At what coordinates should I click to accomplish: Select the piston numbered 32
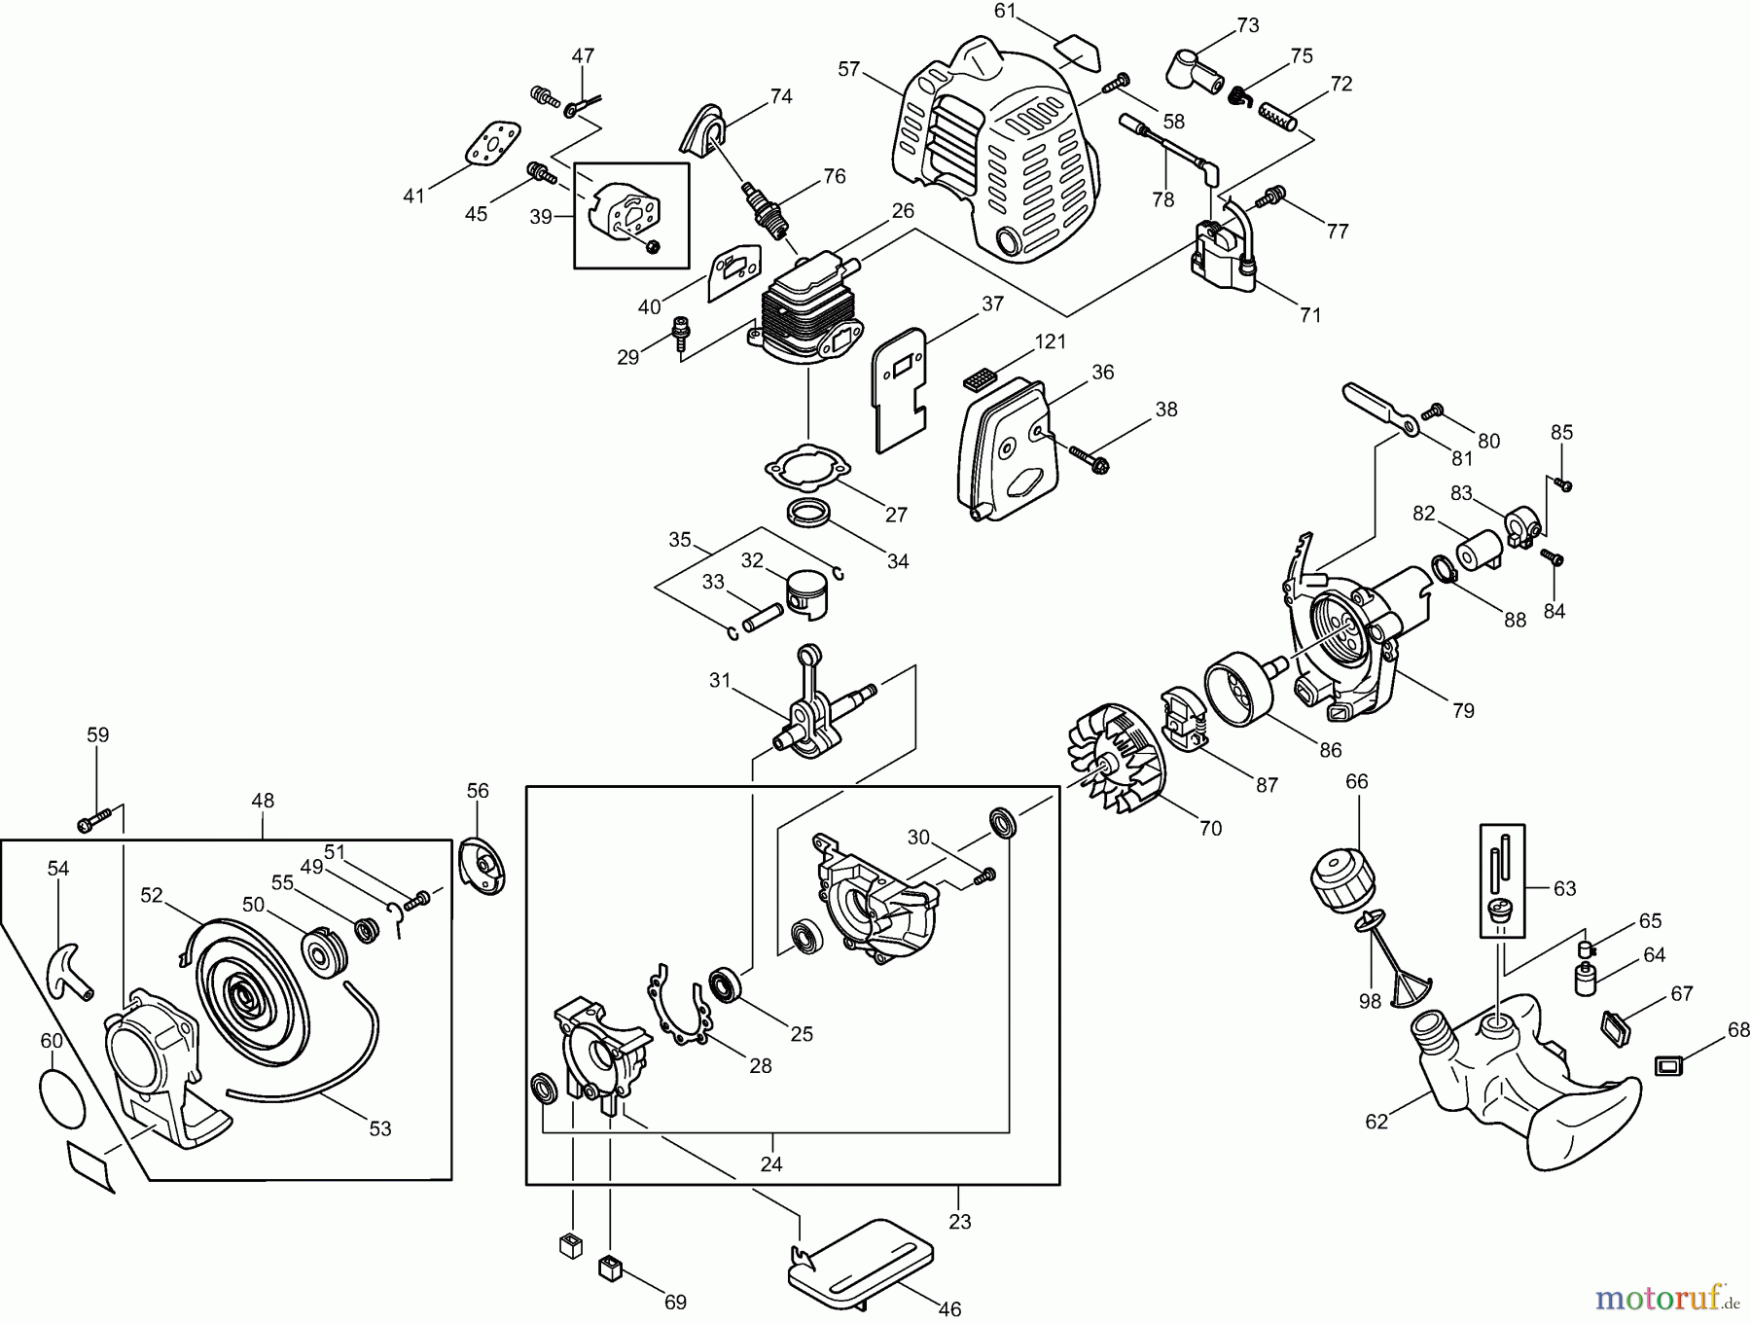[812, 590]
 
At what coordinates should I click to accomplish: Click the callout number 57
[849, 68]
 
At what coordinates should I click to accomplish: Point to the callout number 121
[1050, 341]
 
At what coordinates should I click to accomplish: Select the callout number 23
[959, 1222]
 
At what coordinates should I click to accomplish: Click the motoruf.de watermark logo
[1665, 1298]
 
